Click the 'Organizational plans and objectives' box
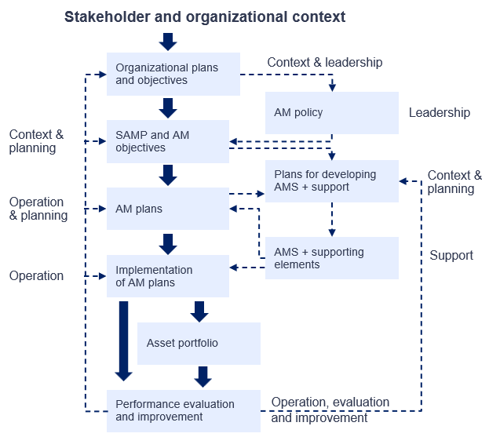pos(173,75)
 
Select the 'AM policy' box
pos(332,113)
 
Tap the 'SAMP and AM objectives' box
pos(168,141)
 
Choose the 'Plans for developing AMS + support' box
pos(332,181)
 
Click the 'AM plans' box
pos(168,209)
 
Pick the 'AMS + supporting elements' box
pos(332,258)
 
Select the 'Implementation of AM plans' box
pos(168,276)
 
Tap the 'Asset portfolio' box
pos(199,344)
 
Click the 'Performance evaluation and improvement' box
pos(184,411)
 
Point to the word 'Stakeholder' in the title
pos(108,16)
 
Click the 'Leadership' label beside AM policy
pos(440,112)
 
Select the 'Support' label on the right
pos(451,255)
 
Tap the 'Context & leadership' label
pos(325,62)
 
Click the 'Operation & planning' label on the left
pos(38,209)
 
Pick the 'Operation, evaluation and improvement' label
pos(330,410)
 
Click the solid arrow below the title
pos(168,42)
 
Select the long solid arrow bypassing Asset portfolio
pos(123,341)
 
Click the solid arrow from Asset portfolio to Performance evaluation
pos(203,377)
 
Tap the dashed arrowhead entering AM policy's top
pos(332,87)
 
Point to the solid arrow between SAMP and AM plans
pos(168,175)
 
